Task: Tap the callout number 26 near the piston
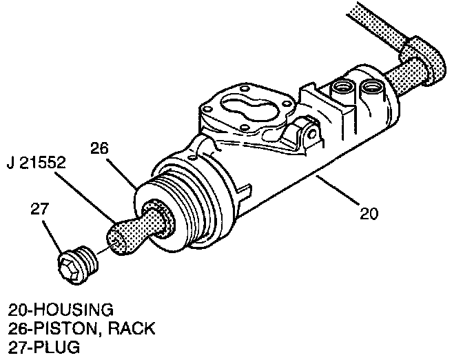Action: pos(100,148)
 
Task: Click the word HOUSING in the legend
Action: pos(72,308)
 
